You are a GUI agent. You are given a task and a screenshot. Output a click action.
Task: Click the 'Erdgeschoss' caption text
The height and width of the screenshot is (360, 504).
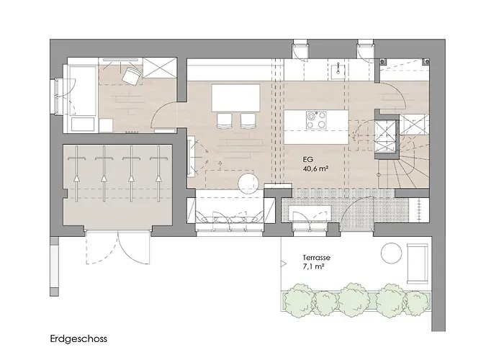[78, 339]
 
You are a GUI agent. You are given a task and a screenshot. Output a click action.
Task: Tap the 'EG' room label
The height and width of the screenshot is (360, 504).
[307, 159]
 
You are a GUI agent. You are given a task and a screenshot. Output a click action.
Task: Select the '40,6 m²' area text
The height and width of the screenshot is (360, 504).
[315, 168]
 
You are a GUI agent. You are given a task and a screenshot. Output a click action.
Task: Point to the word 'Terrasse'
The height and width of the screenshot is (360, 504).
[316, 258]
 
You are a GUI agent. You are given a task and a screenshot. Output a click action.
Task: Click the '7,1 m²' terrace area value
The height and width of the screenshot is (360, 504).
[313, 266]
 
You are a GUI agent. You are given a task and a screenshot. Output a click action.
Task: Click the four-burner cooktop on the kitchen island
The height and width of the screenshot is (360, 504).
[316, 120]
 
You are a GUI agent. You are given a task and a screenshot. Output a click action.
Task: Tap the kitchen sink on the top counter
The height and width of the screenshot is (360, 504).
[338, 69]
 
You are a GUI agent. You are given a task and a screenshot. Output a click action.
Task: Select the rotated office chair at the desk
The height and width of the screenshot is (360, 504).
[132, 76]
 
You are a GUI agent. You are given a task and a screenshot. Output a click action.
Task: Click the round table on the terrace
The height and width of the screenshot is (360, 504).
[391, 253]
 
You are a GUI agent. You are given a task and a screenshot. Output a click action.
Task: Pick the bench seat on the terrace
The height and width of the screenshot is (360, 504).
[418, 264]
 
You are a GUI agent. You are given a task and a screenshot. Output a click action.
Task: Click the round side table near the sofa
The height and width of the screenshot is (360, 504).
[249, 184]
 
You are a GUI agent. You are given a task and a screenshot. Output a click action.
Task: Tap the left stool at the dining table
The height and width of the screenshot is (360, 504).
[225, 120]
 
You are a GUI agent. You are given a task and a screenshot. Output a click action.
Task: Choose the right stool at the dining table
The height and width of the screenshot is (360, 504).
[248, 120]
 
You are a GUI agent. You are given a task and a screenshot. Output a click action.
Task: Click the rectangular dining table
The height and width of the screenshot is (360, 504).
[236, 98]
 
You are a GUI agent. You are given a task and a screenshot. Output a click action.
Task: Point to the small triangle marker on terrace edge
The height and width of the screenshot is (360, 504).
[284, 264]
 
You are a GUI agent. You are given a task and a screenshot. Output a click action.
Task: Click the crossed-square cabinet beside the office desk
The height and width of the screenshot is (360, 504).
[159, 68]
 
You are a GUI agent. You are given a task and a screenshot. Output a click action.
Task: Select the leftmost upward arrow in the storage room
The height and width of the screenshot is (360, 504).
[76, 174]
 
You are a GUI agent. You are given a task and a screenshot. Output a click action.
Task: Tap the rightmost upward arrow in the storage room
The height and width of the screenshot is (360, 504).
[158, 174]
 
